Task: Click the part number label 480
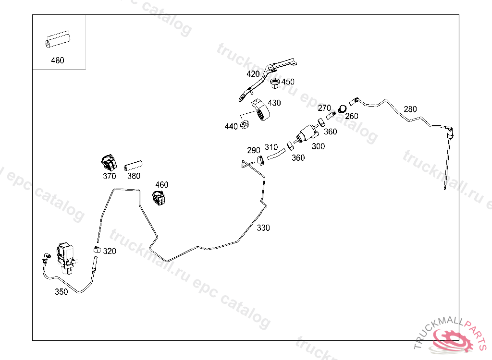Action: click(x=57, y=60)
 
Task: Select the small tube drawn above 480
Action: click(x=58, y=41)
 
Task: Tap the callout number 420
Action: click(x=253, y=74)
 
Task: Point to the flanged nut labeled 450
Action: click(x=275, y=84)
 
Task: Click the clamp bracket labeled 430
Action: click(x=263, y=111)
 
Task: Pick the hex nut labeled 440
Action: click(x=244, y=125)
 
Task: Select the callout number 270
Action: click(x=325, y=108)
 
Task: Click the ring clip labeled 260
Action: click(x=343, y=109)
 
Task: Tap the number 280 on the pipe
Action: click(x=410, y=109)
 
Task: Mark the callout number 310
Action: click(x=271, y=147)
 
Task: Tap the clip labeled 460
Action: click(x=159, y=197)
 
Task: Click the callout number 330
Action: click(x=263, y=228)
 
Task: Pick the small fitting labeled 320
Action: click(x=97, y=250)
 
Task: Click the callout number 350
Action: click(x=61, y=291)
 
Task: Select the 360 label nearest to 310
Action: click(x=298, y=157)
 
